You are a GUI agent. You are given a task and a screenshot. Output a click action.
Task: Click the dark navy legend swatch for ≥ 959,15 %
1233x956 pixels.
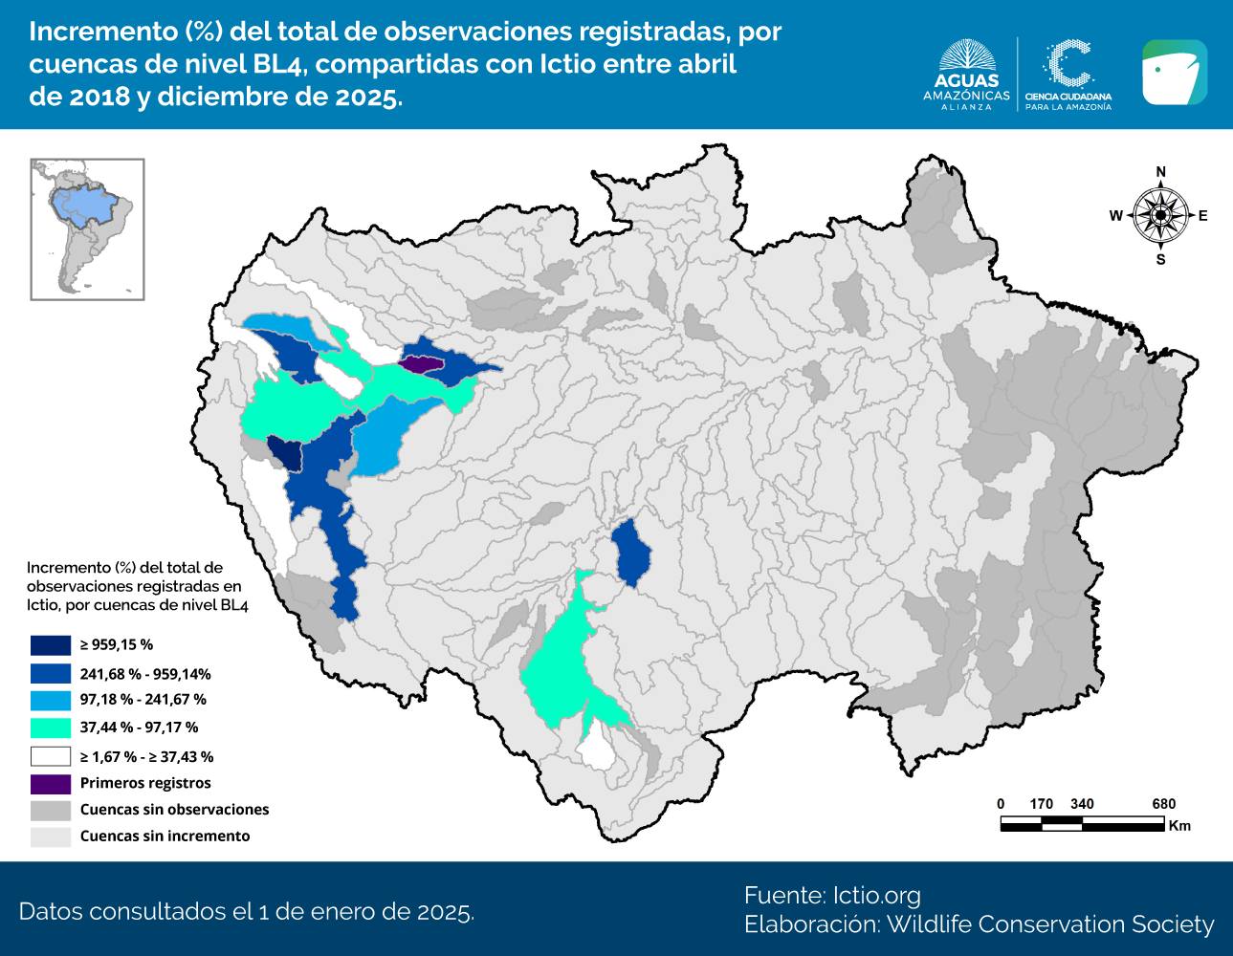click(x=51, y=645)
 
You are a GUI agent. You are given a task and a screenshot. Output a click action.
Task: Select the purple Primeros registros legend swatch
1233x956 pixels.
click(x=51, y=784)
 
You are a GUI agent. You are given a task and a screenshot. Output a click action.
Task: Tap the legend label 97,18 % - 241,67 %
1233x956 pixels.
click(x=143, y=700)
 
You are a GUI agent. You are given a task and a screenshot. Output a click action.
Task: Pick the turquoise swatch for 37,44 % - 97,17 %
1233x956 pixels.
click(x=51, y=728)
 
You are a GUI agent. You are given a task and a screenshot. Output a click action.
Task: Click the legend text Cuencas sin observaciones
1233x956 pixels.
click(x=174, y=810)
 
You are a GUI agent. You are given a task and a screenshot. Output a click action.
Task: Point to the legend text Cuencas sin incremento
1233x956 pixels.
click(x=165, y=836)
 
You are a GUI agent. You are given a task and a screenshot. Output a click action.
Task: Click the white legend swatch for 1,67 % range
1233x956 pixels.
click(x=51, y=756)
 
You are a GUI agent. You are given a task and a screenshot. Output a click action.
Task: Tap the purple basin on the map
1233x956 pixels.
click(x=419, y=363)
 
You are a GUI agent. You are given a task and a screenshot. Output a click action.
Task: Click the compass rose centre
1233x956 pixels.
click(x=1160, y=215)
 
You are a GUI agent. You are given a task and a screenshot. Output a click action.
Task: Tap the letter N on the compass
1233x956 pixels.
click(x=1160, y=172)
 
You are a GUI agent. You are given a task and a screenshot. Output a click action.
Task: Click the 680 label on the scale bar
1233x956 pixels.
click(x=1163, y=804)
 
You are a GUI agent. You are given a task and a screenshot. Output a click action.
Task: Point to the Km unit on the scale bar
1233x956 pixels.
click(x=1179, y=826)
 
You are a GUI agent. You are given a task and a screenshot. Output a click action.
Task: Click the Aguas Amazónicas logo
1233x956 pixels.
click(x=966, y=75)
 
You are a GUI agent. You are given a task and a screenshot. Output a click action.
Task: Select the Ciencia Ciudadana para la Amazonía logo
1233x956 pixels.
click(x=1068, y=75)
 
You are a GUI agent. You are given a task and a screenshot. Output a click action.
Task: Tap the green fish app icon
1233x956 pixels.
click(x=1174, y=73)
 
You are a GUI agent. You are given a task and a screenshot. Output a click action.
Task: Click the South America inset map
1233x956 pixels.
click(x=87, y=229)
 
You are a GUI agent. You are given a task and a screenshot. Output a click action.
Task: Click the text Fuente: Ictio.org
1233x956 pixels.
click(x=832, y=896)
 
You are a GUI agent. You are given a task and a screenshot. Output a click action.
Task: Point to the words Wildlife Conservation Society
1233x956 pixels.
click(x=1049, y=925)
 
